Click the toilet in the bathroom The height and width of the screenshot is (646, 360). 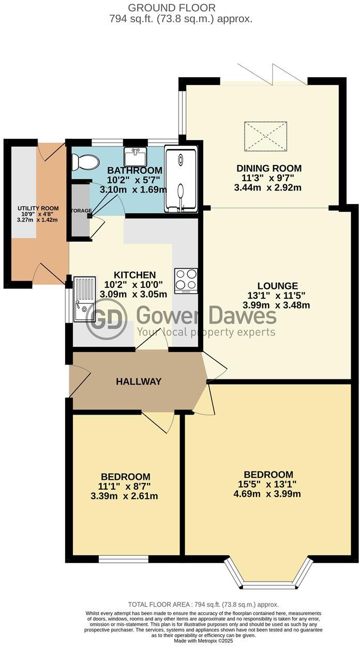point(86,162)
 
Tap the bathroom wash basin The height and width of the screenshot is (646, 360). point(136,156)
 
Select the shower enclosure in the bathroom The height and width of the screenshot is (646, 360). point(181,179)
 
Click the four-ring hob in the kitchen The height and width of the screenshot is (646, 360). point(186,281)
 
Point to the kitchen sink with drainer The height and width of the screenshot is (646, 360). point(85,299)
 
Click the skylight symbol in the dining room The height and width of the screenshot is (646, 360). point(265,136)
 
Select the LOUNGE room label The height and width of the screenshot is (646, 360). point(278,286)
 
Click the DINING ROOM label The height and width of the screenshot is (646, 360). point(268,168)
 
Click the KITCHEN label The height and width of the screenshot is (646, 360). point(135,275)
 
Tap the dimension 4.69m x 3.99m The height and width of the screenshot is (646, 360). point(267,494)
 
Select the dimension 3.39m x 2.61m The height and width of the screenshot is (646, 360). point(124,496)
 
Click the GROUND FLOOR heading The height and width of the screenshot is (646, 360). point(179,8)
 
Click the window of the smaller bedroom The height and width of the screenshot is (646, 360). point(123,559)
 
